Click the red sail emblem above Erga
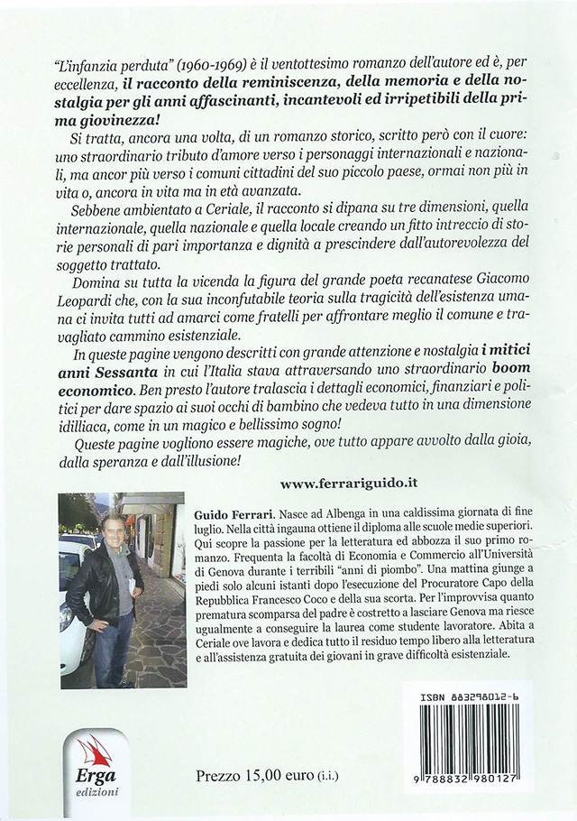(x=94, y=751)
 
